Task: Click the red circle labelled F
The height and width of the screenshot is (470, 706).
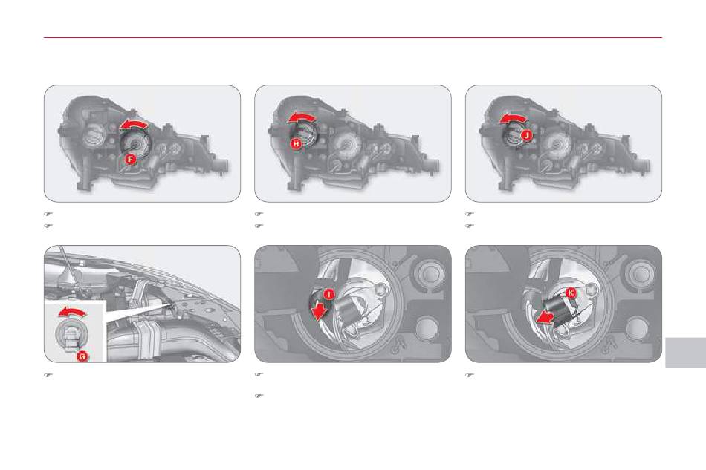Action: (130, 159)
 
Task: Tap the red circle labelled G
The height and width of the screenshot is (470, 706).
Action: (82, 356)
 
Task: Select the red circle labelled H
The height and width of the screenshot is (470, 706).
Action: (296, 144)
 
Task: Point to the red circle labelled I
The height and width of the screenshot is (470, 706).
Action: (329, 294)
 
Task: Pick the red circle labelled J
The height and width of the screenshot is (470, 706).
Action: (526, 135)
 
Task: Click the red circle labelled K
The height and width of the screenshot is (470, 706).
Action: (571, 293)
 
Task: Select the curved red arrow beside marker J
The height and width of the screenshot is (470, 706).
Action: (512, 118)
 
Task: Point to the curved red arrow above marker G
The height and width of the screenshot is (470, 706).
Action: (74, 312)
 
